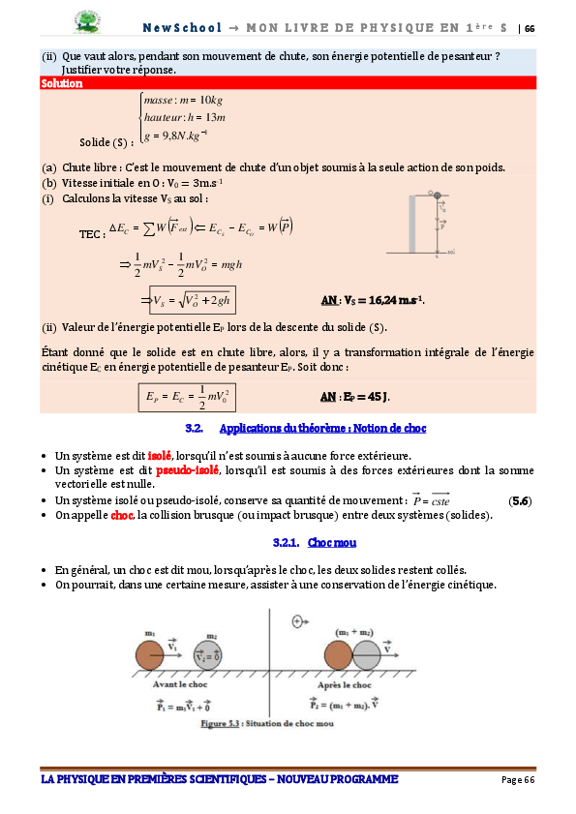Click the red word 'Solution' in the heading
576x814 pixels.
click(x=62, y=84)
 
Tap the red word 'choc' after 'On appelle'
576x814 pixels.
click(x=122, y=515)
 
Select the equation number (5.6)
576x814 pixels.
click(x=520, y=501)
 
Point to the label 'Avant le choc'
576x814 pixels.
click(x=180, y=684)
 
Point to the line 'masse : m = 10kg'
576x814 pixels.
click(x=183, y=100)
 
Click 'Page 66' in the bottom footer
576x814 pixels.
click(x=518, y=780)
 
